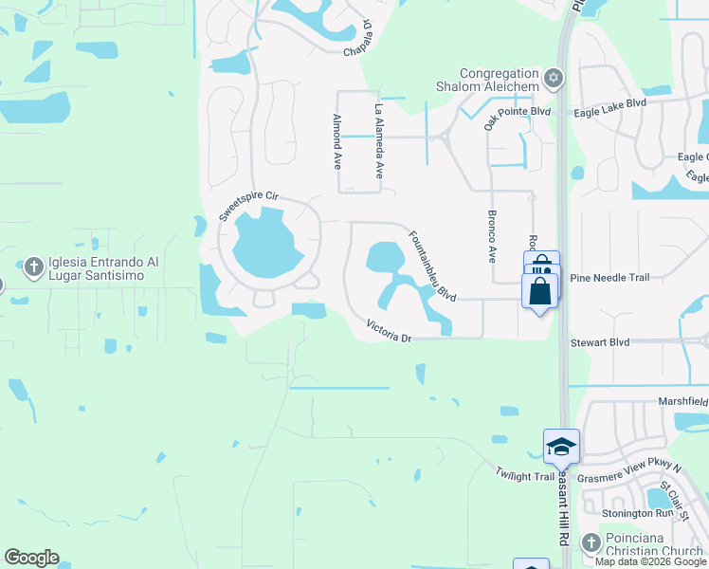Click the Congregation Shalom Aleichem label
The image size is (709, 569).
coord(500,80)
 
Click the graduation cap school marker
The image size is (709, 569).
coord(561,446)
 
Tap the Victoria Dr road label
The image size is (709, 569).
coord(390,332)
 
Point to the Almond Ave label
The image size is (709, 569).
coord(336,141)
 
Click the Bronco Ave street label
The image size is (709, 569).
coord(492,236)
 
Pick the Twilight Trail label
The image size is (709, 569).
coord(524,474)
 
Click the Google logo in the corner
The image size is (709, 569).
coord(31,558)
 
